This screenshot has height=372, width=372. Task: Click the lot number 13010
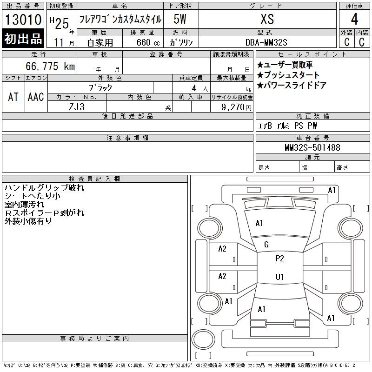click(23, 20)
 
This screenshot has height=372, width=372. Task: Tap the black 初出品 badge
click(23, 39)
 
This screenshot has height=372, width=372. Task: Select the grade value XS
click(267, 19)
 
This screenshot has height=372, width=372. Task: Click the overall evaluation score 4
click(354, 19)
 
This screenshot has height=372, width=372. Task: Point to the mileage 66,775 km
click(50, 66)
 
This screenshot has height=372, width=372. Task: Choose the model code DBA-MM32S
click(266, 42)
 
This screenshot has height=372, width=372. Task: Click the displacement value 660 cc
click(148, 42)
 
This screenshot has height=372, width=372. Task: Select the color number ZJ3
click(77, 107)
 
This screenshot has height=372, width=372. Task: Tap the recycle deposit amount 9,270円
click(236, 107)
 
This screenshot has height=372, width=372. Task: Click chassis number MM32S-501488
click(312, 147)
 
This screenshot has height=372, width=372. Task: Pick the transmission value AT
click(13, 97)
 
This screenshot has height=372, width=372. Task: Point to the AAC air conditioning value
click(36, 97)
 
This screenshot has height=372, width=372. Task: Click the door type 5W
click(180, 19)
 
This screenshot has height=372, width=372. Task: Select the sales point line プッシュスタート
click(288, 75)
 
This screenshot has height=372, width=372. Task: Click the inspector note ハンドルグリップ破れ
click(44, 188)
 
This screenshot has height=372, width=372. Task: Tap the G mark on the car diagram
click(266, 245)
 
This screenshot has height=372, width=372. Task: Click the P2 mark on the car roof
click(280, 259)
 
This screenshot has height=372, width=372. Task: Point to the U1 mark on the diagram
click(280, 277)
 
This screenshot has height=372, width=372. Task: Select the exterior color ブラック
click(100, 88)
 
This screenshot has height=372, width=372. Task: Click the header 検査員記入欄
click(94, 179)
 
